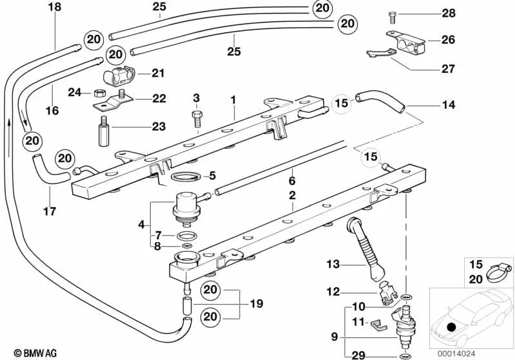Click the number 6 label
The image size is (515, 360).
pyautogui.click(x=291, y=181)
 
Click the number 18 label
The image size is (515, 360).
pyautogui.click(x=55, y=7)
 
